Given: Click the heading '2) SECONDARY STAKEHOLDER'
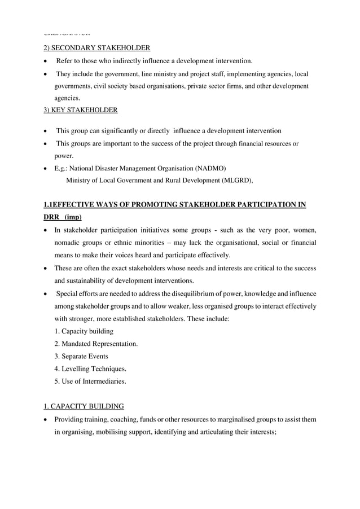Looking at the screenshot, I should [96, 47].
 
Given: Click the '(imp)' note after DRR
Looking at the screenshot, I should [72, 217].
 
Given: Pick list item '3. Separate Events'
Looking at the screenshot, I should [81, 356].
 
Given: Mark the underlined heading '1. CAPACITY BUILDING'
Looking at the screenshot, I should [84, 406].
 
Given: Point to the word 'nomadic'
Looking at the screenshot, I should [68, 242].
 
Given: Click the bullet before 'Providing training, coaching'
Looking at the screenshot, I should [46, 420].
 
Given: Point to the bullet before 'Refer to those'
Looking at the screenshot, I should [46, 61].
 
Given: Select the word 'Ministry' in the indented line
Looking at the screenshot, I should [80, 181].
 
